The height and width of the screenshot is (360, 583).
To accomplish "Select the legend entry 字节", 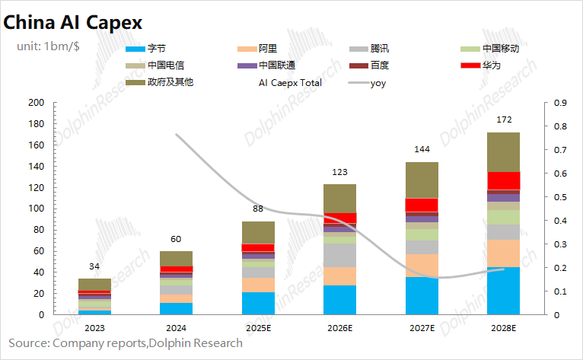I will (156, 49).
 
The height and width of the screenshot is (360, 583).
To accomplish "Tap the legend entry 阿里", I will (268, 49).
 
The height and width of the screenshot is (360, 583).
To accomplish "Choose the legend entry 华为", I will (491, 65).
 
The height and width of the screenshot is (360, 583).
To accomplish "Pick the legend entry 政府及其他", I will (170, 82).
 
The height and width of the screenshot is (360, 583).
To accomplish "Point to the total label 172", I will (503, 120).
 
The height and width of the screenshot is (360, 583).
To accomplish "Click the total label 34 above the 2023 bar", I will (94, 266).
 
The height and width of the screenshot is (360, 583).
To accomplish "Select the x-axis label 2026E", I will (339, 328).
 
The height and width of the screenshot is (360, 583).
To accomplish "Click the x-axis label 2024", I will (176, 328).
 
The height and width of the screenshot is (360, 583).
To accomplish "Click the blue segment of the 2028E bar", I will (503, 291).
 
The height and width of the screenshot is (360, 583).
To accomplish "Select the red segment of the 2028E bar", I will (503, 180).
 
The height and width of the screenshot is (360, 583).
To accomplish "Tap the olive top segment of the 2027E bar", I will (421, 180).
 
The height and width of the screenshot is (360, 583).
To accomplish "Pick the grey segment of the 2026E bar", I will (339, 254).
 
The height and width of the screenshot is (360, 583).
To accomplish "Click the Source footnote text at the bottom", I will (126, 343).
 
